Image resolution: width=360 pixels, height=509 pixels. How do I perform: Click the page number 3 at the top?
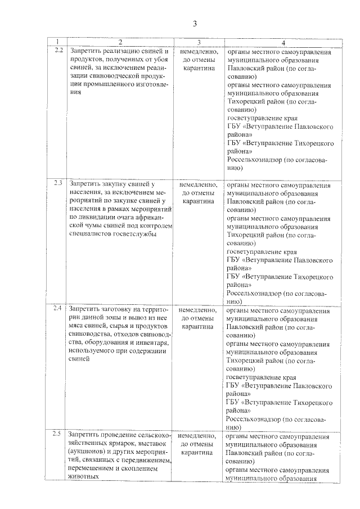click(x=195, y=24)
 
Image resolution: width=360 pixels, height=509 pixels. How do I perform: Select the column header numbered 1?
click(x=56, y=43)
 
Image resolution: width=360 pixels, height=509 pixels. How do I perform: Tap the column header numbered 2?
click(x=120, y=43)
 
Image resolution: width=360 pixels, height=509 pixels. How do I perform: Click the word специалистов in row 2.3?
click(x=90, y=234)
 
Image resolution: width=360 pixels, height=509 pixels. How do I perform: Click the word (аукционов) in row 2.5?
click(x=87, y=452)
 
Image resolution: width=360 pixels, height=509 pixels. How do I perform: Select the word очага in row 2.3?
click(x=125, y=217)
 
